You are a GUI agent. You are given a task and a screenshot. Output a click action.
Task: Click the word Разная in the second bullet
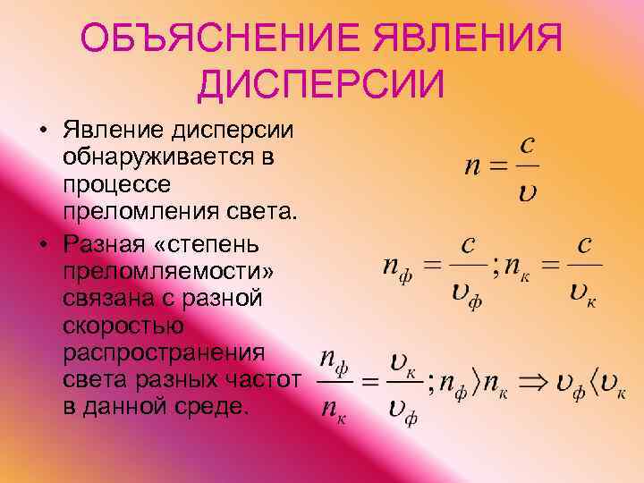click(105, 242)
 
